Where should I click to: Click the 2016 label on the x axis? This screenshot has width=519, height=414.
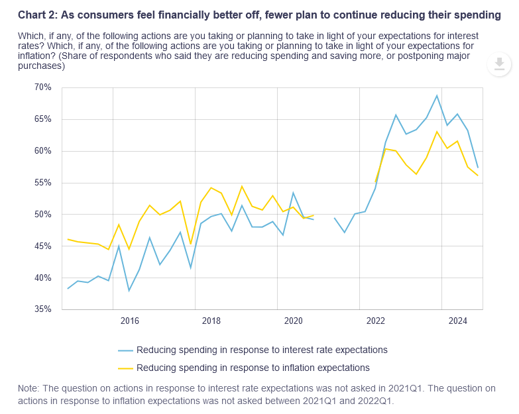point(130,321)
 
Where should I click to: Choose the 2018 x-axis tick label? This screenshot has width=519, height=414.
point(211,321)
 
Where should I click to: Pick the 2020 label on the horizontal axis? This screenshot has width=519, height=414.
point(294,321)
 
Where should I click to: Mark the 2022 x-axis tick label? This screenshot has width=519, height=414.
point(376,321)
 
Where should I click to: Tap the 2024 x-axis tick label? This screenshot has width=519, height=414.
point(457,321)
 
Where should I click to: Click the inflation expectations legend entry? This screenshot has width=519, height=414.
point(253,367)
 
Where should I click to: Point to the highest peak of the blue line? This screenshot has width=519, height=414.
point(437,95)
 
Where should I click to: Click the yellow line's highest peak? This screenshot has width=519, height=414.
point(437,131)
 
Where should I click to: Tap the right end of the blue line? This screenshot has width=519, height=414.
point(478,167)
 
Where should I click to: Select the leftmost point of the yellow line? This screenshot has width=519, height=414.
point(68,239)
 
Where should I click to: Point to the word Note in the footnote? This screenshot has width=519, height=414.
point(28,388)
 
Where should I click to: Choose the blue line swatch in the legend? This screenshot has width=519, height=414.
point(125,350)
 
